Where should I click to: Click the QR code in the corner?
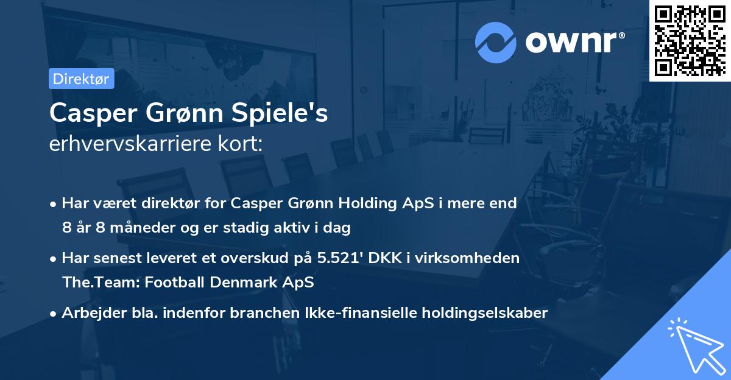point(690,40)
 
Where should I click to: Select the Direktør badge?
point(81,79)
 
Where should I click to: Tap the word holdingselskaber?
point(483,313)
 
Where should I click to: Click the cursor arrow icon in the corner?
point(695,345)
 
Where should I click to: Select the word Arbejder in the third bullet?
point(89,313)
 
